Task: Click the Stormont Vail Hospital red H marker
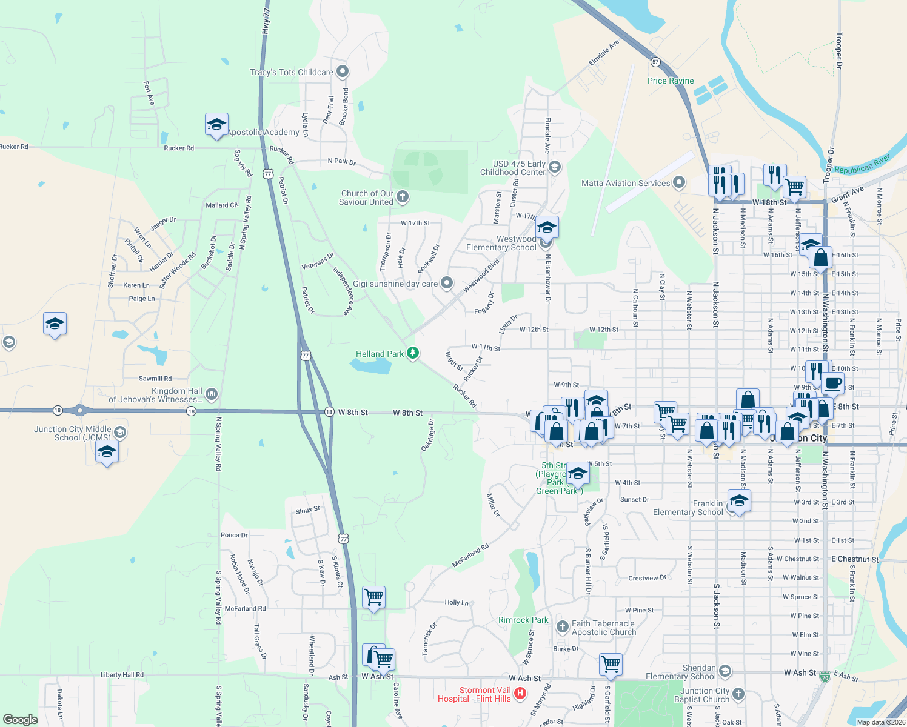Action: pyautogui.click(x=520, y=693)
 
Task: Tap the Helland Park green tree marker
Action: pyautogui.click(x=413, y=353)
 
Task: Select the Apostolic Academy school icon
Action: pyautogui.click(x=216, y=124)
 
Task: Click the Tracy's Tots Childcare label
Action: pyautogui.click(x=291, y=72)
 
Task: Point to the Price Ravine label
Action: pyautogui.click(x=671, y=81)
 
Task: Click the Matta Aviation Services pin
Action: pyautogui.click(x=679, y=182)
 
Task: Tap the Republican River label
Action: pyautogui.click(x=862, y=164)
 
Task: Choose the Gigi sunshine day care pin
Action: pyautogui.click(x=447, y=283)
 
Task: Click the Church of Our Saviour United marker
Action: pyautogui.click(x=403, y=197)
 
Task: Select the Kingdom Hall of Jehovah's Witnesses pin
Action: pyautogui.click(x=211, y=394)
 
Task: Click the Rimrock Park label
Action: pyautogui.click(x=523, y=620)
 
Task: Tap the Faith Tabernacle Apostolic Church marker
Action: pyautogui.click(x=562, y=627)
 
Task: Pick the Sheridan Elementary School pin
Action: pyautogui.click(x=725, y=671)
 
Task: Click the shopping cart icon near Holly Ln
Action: pyautogui.click(x=373, y=597)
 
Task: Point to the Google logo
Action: pyautogui.click(x=21, y=720)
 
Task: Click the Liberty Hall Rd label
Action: pyautogui.click(x=122, y=675)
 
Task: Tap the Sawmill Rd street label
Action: pyautogui.click(x=155, y=379)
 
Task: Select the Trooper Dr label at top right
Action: pyautogui.click(x=839, y=50)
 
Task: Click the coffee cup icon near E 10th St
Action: pyautogui.click(x=832, y=383)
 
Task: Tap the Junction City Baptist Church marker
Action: pyautogui.click(x=738, y=694)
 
